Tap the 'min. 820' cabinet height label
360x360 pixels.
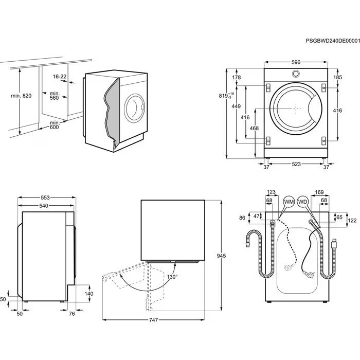[x=21, y=96]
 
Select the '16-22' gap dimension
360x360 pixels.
[x=60, y=77]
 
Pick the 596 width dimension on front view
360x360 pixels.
[x=296, y=62]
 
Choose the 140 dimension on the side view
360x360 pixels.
[x=88, y=294]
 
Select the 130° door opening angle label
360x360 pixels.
[x=172, y=277]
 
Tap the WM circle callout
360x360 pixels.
[x=289, y=202]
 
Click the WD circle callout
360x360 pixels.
[x=303, y=202]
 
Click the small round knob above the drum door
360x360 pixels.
[x=296, y=74]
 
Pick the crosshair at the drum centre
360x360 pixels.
[x=296, y=108]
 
